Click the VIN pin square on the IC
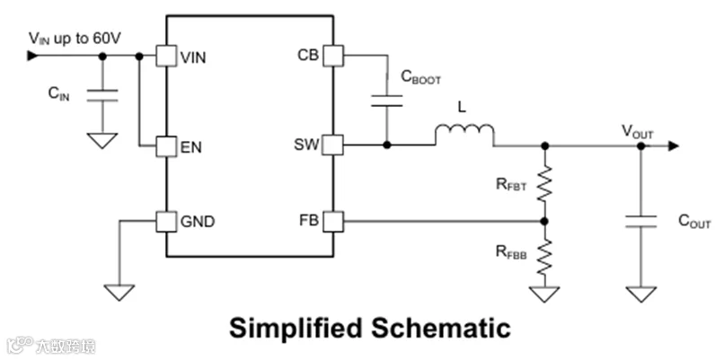tap(166, 56)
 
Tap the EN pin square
tap(166, 146)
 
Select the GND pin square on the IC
tap(166, 222)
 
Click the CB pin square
tap(333, 56)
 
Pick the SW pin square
tap(333, 145)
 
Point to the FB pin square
tap(333, 222)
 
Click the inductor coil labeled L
tap(464, 134)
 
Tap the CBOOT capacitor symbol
tap(387, 101)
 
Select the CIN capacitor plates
tap(102, 94)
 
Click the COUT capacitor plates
tap(640, 222)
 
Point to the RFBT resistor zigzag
tap(545, 183)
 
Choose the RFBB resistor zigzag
tap(545, 257)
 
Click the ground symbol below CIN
tap(102, 140)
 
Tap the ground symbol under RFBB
tap(545, 294)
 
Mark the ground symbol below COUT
tap(640, 294)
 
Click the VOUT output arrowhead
tap(674, 145)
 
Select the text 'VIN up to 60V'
tap(75, 39)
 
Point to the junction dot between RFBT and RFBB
tap(545, 222)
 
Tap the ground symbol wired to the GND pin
tap(119, 293)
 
